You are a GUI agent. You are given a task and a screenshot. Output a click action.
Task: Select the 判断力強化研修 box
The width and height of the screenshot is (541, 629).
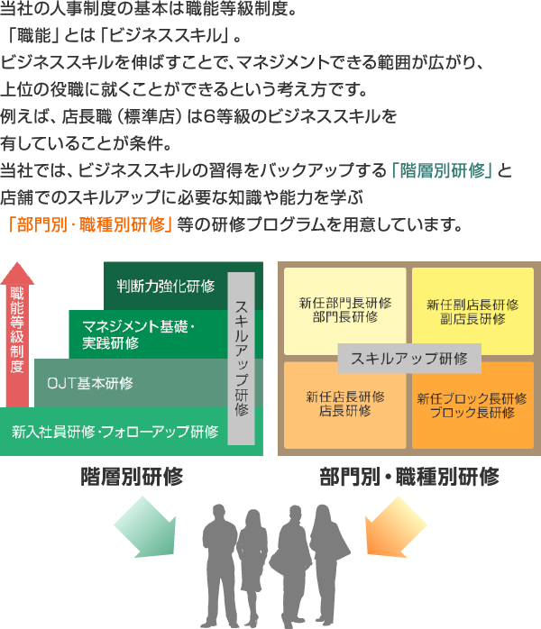(x=166, y=287)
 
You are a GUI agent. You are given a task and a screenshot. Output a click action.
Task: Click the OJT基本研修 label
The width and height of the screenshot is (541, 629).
(x=90, y=383)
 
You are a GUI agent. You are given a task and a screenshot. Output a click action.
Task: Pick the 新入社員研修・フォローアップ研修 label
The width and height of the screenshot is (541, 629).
(x=115, y=431)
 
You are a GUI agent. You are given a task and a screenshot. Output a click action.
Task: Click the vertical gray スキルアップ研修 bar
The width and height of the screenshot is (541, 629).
(x=241, y=358)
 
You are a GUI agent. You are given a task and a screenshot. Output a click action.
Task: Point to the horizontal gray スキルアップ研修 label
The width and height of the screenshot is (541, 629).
(x=408, y=358)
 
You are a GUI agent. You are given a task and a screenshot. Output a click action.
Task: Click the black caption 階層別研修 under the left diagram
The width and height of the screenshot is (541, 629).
(x=132, y=476)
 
